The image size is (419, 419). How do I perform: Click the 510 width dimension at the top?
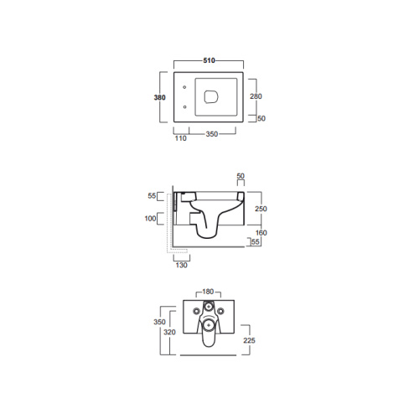[x=209, y=60]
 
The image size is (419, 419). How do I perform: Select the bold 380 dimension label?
[x=160, y=97]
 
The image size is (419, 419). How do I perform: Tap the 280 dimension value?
[x=256, y=96]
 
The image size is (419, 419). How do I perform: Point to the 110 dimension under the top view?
[x=180, y=138]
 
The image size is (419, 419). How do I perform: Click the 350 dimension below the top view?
[x=212, y=134]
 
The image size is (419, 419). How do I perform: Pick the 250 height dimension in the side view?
[x=261, y=209]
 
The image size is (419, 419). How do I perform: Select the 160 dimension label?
[x=261, y=233]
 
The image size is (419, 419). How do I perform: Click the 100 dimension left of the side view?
[x=150, y=219]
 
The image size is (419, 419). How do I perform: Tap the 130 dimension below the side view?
[x=182, y=265]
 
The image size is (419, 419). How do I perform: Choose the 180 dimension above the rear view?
[x=208, y=292]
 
